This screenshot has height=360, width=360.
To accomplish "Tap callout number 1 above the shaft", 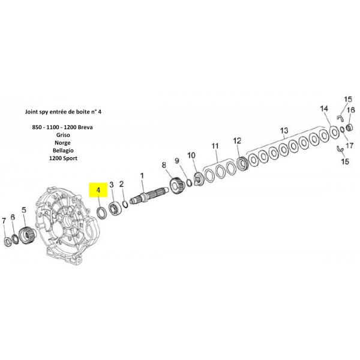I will point(142,176).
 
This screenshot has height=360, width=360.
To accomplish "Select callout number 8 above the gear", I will point(164,164).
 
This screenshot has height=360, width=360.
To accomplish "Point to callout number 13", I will point(284,130).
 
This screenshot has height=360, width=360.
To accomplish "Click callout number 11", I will point(214,146).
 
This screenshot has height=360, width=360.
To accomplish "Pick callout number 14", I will point(324,109).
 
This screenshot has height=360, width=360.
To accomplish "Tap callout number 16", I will point(352,110).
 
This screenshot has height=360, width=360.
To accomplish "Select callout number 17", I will point(350,145).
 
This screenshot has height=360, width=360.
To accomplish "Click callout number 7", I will point(4,222).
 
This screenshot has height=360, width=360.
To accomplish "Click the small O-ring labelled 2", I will point(125,204).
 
